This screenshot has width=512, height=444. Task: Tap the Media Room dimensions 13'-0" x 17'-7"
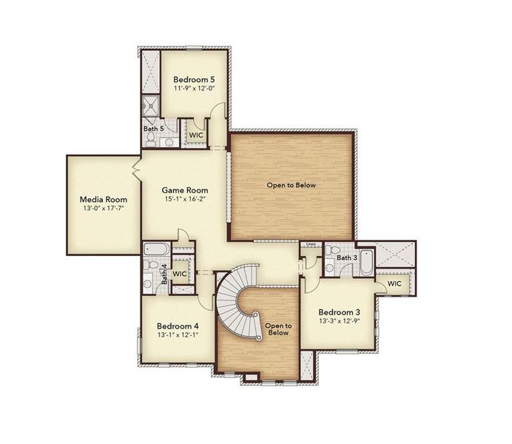(x=104, y=209)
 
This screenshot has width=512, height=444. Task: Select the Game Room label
(x=184, y=190)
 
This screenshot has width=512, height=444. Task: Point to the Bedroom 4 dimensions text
(x=178, y=335)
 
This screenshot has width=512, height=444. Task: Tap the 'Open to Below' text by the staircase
(x=277, y=329)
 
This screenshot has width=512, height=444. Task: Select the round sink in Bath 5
(x=169, y=141)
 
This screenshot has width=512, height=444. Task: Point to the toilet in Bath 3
(x=332, y=250)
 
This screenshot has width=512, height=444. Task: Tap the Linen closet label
(x=311, y=244)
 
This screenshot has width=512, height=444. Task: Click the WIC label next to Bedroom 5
(x=196, y=135)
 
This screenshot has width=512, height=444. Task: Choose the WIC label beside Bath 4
(x=179, y=274)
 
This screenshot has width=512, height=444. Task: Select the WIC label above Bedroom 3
(x=394, y=283)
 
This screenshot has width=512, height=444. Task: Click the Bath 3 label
(x=347, y=257)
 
